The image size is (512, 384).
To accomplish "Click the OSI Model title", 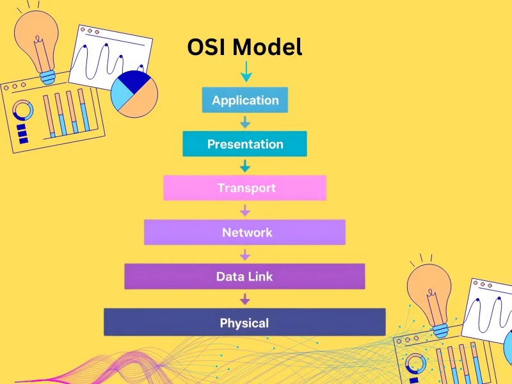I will (x=244, y=47).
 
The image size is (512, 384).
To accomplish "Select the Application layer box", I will (x=245, y=100).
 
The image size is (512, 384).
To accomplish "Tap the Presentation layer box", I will (x=244, y=144).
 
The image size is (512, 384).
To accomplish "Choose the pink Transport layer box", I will (x=244, y=188).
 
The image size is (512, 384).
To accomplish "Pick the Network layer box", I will (x=244, y=232).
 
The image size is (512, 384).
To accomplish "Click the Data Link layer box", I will (x=244, y=276).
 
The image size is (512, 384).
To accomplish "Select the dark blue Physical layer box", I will (x=244, y=323).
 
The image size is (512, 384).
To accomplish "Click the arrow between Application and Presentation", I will (x=244, y=122).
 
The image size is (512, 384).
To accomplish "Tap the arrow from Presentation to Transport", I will (x=244, y=166).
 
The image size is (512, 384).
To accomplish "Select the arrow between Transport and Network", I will (x=244, y=210).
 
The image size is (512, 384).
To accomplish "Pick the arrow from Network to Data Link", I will (x=244, y=254).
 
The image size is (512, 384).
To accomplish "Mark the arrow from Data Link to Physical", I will (x=244, y=298).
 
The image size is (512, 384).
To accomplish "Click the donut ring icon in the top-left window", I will (x=23, y=111).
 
